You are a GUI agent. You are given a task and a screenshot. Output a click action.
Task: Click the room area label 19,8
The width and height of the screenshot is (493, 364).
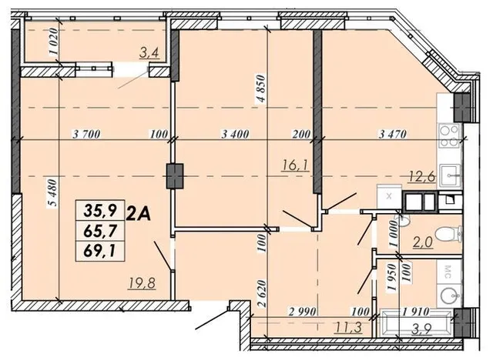click(x=142, y=283)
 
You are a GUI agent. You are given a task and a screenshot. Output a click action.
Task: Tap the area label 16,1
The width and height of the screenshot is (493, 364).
click(x=296, y=165)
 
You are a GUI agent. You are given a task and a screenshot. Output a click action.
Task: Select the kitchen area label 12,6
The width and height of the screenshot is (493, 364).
click(x=422, y=177)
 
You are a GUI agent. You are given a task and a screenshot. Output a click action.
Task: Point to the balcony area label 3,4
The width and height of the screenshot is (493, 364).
click(x=150, y=53)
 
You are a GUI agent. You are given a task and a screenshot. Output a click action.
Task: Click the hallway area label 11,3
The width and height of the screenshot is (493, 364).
click(x=349, y=328)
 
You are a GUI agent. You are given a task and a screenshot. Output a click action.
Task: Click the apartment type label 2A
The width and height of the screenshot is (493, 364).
click(x=139, y=215)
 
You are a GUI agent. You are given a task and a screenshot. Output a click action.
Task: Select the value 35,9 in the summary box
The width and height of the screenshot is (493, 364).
click(x=100, y=210)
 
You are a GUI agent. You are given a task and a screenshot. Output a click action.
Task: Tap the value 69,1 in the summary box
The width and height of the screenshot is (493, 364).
click(x=100, y=251)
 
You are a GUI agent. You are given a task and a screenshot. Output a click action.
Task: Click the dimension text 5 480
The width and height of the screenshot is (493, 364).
click(x=53, y=192)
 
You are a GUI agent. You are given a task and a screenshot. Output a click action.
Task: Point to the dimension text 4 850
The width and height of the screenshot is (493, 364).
click(x=261, y=88)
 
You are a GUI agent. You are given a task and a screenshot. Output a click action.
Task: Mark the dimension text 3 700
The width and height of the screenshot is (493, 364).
click(x=86, y=135)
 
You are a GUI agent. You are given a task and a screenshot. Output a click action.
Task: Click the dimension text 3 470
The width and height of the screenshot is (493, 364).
click(x=393, y=134)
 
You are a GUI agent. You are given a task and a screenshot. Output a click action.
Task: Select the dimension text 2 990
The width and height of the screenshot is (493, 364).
click(x=303, y=312)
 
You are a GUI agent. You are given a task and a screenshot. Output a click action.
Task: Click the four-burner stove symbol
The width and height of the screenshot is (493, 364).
click(x=450, y=136)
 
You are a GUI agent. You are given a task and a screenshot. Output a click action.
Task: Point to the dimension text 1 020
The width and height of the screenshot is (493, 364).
click(x=54, y=42)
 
